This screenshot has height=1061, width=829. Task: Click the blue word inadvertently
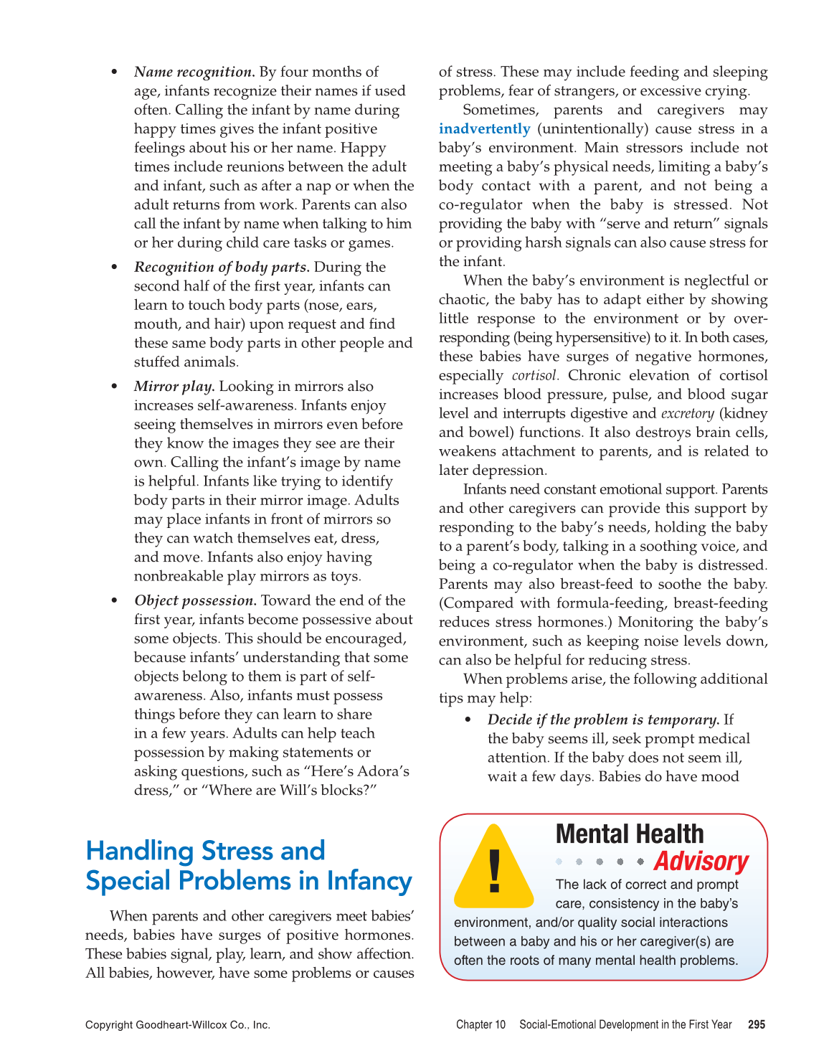[x=484, y=129]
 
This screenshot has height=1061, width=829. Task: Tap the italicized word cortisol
[x=534, y=376]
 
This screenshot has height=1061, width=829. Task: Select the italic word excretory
[x=687, y=414]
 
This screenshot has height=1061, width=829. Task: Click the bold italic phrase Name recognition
[x=194, y=72]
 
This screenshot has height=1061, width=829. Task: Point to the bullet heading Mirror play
[x=174, y=387]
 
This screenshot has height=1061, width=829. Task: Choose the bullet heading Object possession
[x=195, y=601]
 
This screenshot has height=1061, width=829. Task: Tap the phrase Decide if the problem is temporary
[x=603, y=720]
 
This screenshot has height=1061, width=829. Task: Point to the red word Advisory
[x=701, y=861]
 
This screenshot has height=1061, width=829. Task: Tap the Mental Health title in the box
[x=630, y=834]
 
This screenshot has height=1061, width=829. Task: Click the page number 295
[x=756, y=1025]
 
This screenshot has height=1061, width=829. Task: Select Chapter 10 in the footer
[x=480, y=1025]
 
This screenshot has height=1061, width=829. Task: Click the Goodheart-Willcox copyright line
[x=178, y=1025]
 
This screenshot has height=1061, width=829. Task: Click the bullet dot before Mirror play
[x=114, y=387]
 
